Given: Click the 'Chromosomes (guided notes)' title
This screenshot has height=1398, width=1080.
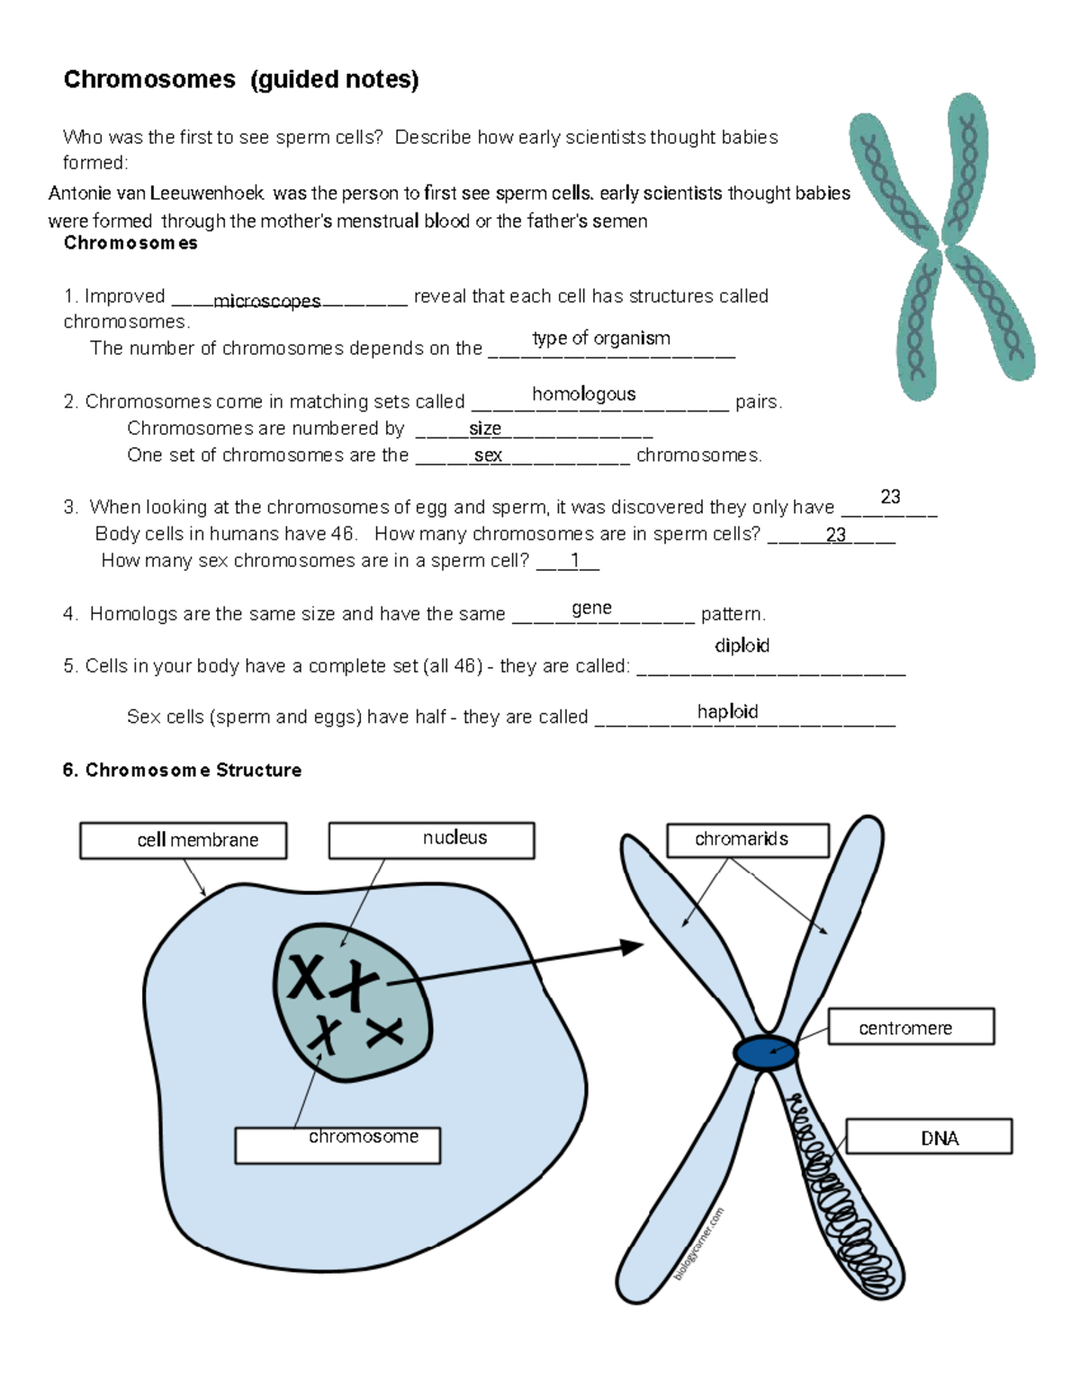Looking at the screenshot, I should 241,80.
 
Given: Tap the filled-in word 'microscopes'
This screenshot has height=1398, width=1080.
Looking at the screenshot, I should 266,301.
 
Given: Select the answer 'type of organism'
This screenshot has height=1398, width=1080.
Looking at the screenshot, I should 601,338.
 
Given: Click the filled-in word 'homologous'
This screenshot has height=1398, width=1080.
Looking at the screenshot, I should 583,393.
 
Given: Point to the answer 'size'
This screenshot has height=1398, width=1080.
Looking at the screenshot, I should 484,428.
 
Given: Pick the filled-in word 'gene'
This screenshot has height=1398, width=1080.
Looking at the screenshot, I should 591,608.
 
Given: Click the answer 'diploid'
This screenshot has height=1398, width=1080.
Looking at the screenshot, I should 742,645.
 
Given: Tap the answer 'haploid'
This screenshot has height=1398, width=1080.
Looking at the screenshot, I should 727,711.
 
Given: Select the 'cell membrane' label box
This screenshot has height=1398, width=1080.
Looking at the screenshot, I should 184,840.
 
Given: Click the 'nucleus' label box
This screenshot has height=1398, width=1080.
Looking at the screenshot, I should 431,840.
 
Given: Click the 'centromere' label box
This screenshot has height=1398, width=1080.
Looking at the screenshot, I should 911,1026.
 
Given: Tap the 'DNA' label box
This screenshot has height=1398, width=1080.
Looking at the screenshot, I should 929,1137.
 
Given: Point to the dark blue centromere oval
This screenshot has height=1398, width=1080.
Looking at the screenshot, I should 765,1052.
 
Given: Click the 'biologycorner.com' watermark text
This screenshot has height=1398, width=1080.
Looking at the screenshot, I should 698,1244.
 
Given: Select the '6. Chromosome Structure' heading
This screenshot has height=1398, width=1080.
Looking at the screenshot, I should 182,770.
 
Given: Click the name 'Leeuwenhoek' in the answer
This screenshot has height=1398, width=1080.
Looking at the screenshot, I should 207,193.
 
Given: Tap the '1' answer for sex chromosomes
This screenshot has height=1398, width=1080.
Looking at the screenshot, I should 575,560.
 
